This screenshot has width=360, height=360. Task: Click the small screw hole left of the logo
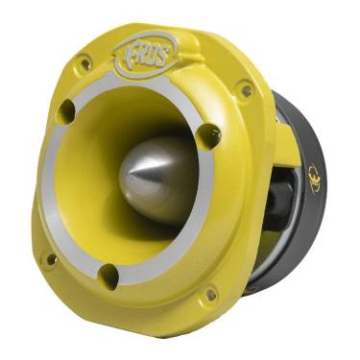tap(84, 64)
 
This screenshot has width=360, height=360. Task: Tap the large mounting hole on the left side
tap(65, 112)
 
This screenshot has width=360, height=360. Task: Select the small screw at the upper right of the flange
tap(246, 90)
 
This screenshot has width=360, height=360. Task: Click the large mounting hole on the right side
tap(208, 136)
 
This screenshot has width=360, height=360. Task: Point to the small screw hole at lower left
tap(50, 258)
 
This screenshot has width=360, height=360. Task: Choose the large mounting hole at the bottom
tap(108, 277)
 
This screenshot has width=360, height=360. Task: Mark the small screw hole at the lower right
tap(208, 295)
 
